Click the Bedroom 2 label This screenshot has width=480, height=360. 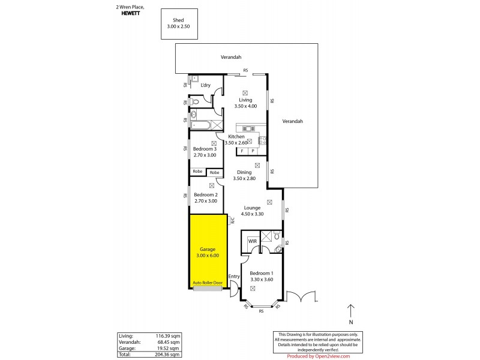205,197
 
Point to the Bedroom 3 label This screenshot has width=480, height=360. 205,152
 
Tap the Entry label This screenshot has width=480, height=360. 235,276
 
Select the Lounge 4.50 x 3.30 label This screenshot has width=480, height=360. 251,211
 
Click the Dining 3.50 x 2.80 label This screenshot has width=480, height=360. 244,175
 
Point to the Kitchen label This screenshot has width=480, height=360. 236,137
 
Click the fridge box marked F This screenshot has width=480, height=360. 242,151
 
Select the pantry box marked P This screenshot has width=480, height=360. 253,151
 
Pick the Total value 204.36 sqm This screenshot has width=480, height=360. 167,354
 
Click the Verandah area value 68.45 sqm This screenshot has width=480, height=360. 167,342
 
